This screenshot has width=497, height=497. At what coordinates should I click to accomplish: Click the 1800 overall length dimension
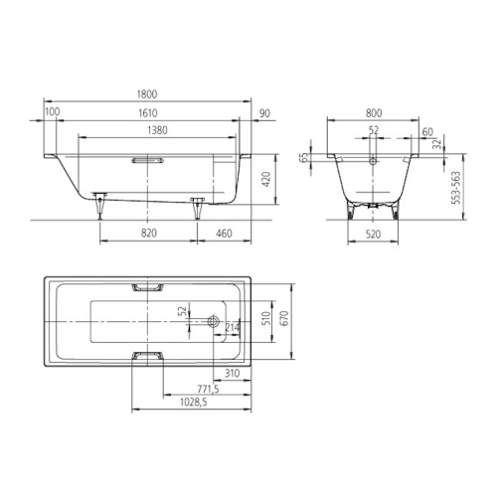coord(147,94)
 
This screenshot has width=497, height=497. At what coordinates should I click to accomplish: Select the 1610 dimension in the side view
coord(148,113)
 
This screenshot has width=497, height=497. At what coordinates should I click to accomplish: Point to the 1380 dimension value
coord(157,130)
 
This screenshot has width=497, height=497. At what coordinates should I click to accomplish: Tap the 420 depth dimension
coord(266,179)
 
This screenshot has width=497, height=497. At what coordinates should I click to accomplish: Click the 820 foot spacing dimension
coord(149,234)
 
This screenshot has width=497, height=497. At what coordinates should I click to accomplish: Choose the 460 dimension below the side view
coord(224,234)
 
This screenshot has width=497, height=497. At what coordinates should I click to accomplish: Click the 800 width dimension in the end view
coord(374,113)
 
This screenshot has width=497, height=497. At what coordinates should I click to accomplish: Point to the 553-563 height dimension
coord(456,188)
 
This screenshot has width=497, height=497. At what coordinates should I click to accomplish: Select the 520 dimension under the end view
coord(373,235)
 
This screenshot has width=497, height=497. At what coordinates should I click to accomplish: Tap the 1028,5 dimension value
coord(194,403)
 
